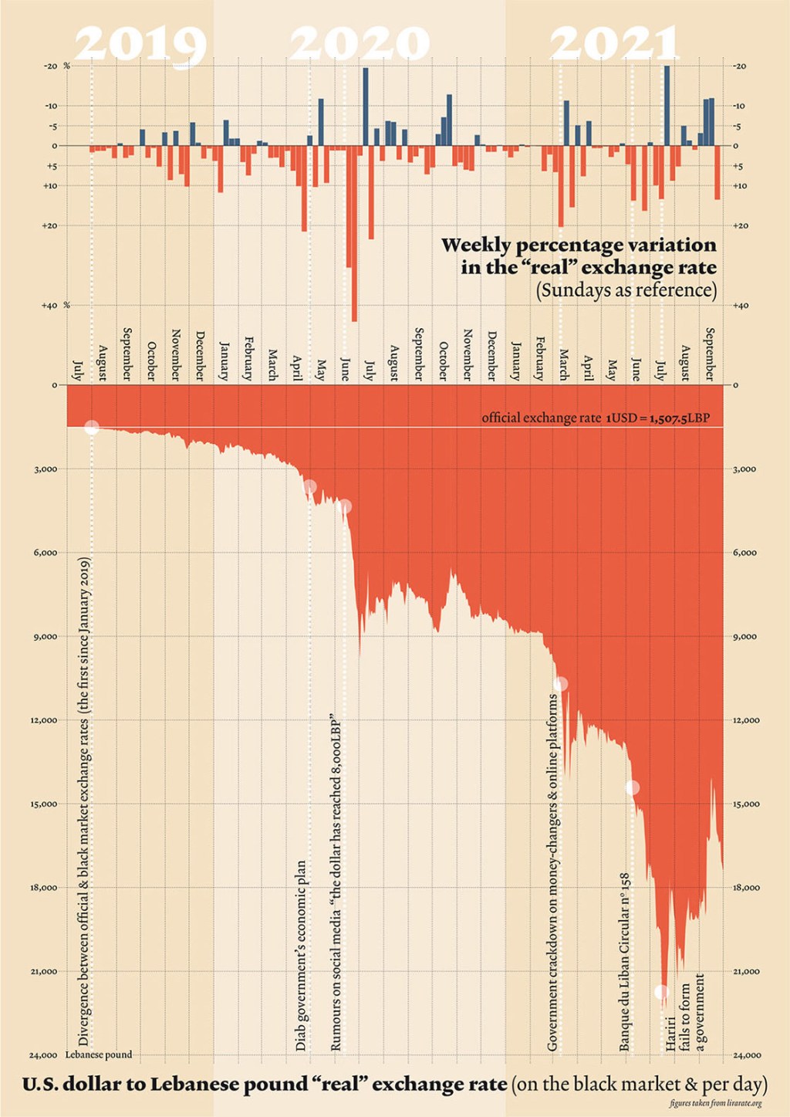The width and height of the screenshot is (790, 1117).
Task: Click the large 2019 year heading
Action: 140,45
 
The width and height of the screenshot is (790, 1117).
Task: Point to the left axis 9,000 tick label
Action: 44,637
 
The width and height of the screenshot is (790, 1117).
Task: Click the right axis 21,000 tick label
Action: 746,972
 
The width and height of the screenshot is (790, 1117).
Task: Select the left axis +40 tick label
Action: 49,306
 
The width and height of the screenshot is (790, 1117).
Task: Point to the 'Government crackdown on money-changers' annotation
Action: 552,872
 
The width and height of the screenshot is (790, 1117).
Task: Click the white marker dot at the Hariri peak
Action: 661,992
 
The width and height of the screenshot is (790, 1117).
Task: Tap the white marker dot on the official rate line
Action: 92,428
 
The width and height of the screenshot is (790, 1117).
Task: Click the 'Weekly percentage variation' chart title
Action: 579,256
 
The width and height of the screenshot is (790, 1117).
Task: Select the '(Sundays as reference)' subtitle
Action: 626,290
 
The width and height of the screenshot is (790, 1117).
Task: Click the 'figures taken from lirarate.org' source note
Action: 715,1104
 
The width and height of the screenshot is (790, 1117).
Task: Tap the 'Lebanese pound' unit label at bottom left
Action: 98,1054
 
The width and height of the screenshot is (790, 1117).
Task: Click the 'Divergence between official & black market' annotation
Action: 84,803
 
